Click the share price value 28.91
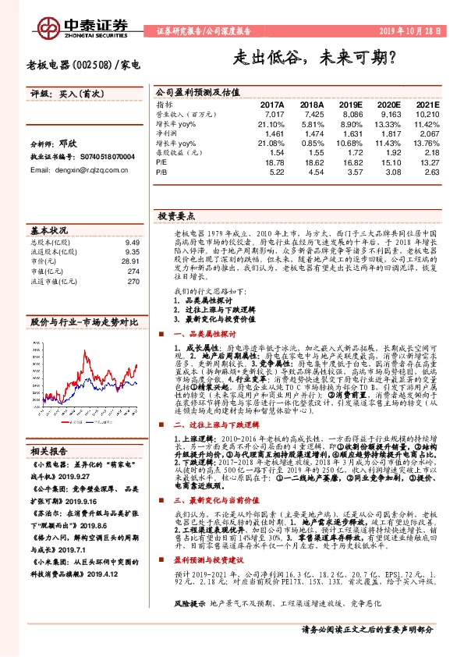[130, 261]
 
